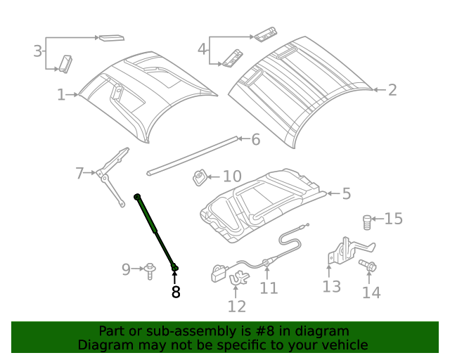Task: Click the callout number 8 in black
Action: (x=175, y=292)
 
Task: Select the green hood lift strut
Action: (x=156, y=231)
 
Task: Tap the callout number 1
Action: (x=61, y=94)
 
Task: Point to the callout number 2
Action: (x=392, y=89)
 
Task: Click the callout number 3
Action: (x=37, y=51)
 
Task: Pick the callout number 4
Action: (x=202, y=49)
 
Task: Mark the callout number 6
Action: (x=255, y=139)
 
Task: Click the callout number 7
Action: (x=80, y=172)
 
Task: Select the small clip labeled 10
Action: (x=200, y=177)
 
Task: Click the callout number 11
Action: (x=269, y=288)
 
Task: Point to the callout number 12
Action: (x=237, y=306)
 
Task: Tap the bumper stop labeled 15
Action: (x=366, y=222)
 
